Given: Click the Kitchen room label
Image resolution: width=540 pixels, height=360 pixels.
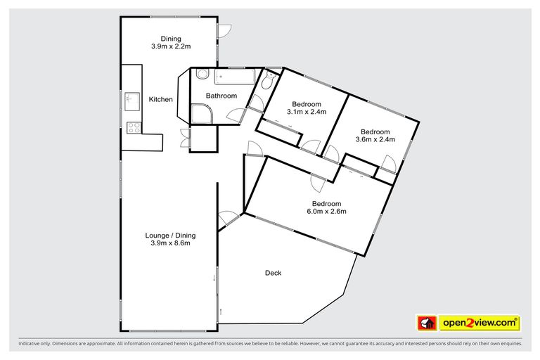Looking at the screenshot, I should [160, 100].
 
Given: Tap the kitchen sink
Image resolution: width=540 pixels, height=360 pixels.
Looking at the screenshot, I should [131, 99].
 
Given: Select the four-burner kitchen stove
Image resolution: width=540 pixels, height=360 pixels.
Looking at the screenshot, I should [131, 127].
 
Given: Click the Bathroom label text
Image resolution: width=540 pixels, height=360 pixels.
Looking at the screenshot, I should [221, 96].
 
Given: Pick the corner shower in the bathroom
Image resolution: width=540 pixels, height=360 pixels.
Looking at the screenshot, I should [202, 113].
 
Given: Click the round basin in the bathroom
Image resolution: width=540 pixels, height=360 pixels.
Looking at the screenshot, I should [201, 75].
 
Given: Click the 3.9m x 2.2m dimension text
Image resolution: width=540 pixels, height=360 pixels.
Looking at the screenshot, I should [171, 47].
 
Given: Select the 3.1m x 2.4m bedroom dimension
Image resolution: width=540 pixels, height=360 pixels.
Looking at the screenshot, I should [307, 112].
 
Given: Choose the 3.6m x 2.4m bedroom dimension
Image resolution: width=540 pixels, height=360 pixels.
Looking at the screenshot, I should [375, 139].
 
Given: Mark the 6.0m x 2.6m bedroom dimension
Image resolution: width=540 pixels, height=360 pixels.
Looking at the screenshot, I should [326, 211].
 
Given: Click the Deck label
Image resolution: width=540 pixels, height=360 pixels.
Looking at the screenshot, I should [273, 273].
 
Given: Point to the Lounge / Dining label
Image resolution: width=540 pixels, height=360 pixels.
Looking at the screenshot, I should [170, 236].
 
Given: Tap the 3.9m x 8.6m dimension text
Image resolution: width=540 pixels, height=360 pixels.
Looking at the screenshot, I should [170, 244].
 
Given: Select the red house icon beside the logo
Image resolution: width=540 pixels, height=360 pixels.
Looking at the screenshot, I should [426, 323].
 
